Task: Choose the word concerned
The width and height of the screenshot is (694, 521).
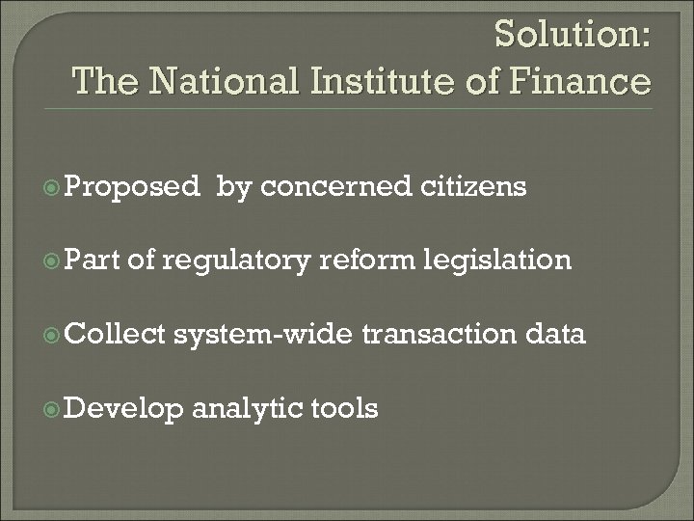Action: click(x=337, y=186)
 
